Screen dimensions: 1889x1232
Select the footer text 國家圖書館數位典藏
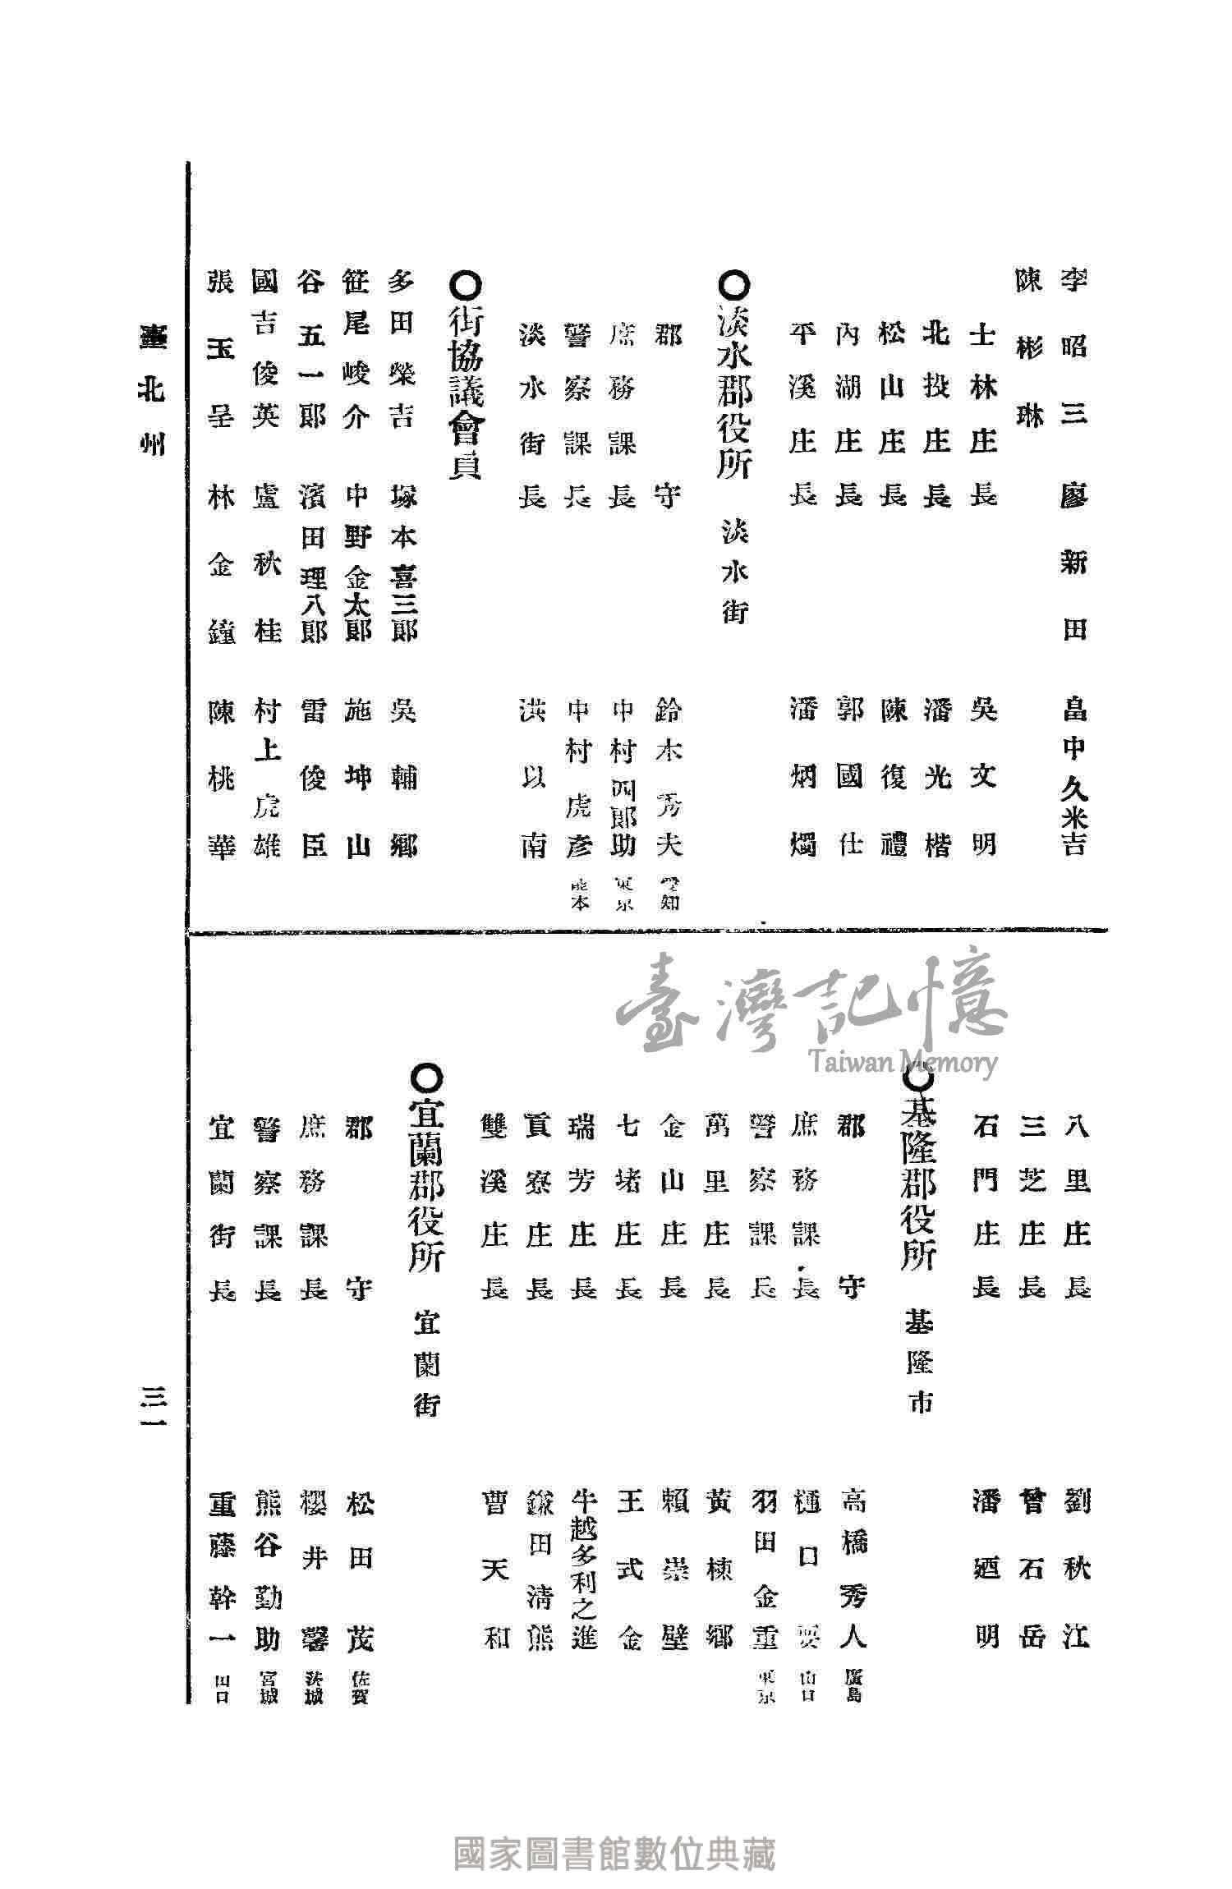pyautogui.click(x=615, y=1832)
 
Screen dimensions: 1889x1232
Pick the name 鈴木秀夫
pyautogui.click(x=667, y=776)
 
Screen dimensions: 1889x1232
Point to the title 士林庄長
pyautogui.click(x=982, y=415)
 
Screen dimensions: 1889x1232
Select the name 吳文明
pyautogui.click(x=982, y=776)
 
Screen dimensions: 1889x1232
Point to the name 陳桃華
pyautogui.click(x=222, y=776)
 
